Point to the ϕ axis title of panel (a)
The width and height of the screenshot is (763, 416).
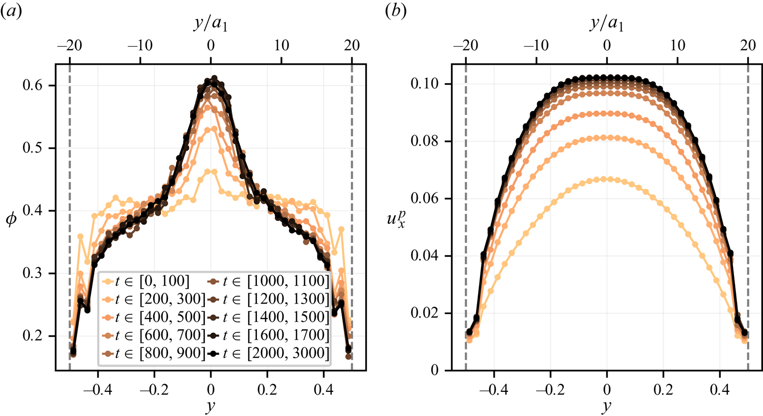pyautogui.click(x=11, y=220)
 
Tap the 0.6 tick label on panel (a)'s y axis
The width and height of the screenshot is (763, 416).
pyautogui.click(x=32, y=85)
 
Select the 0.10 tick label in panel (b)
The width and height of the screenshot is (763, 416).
pyautogui.click(x=424, y=83)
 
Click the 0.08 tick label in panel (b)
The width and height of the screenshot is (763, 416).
pyautogui.click(x=424, y=141)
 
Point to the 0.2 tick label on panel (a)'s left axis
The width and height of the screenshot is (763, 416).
pyautogui.click(x=32, y=336)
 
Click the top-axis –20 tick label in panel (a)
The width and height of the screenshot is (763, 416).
pyautogui.click(x=70, y=45)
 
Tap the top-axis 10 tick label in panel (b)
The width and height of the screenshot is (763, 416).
pyautogui.click(x=678, y=45)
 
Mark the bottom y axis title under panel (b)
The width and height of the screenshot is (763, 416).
pyautogui.click(x=607, y=407)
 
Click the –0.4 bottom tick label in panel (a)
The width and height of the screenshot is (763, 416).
pyautogui.click(x=98, y=389)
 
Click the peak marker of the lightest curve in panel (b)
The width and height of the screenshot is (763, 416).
pyautogui.click(x=607, y=179)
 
